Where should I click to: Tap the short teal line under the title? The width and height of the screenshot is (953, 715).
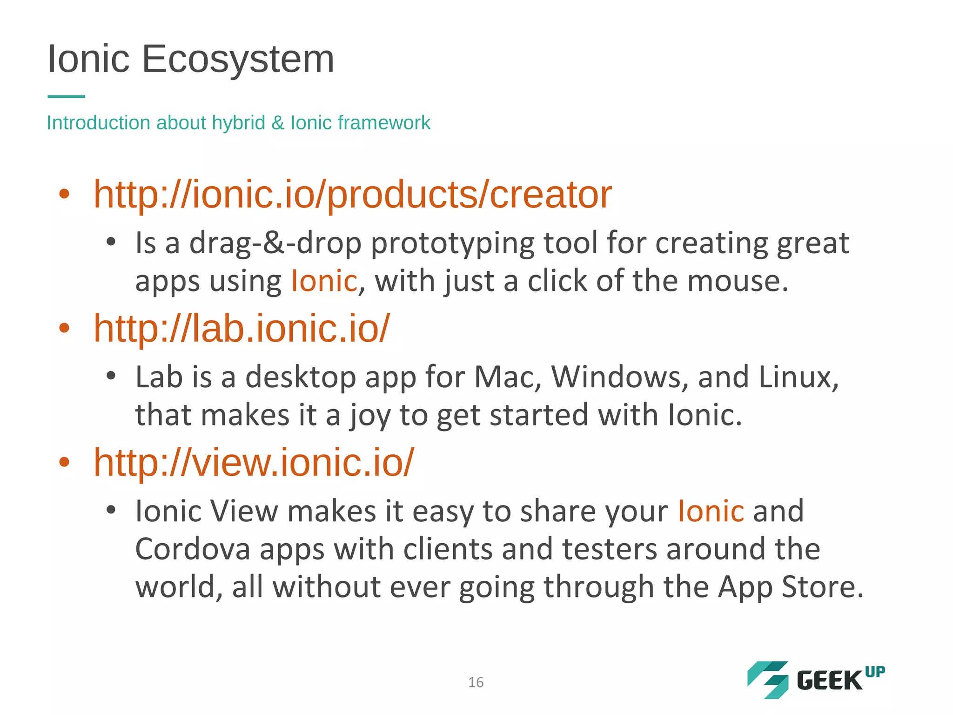pos(66,96)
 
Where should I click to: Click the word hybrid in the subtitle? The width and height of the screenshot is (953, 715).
pos(238,123)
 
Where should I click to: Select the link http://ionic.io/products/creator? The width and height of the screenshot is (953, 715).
pos(352,194)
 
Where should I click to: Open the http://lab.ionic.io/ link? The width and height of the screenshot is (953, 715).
pos(241,328)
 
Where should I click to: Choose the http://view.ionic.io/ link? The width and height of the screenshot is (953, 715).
pos(254,462)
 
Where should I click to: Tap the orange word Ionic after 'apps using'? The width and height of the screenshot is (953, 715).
pos(324,281)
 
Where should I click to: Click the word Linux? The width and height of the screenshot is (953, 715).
pos(799,377)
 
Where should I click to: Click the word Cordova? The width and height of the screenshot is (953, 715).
pos(193,549)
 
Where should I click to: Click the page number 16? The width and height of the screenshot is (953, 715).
pos(476,682)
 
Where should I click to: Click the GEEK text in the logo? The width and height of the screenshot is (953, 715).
pos(829,681)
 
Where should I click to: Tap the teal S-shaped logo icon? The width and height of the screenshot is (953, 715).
pos(768,680)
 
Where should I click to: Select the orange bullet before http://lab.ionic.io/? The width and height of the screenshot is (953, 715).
pos(64,328)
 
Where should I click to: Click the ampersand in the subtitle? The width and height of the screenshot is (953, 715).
pos(278,123)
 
